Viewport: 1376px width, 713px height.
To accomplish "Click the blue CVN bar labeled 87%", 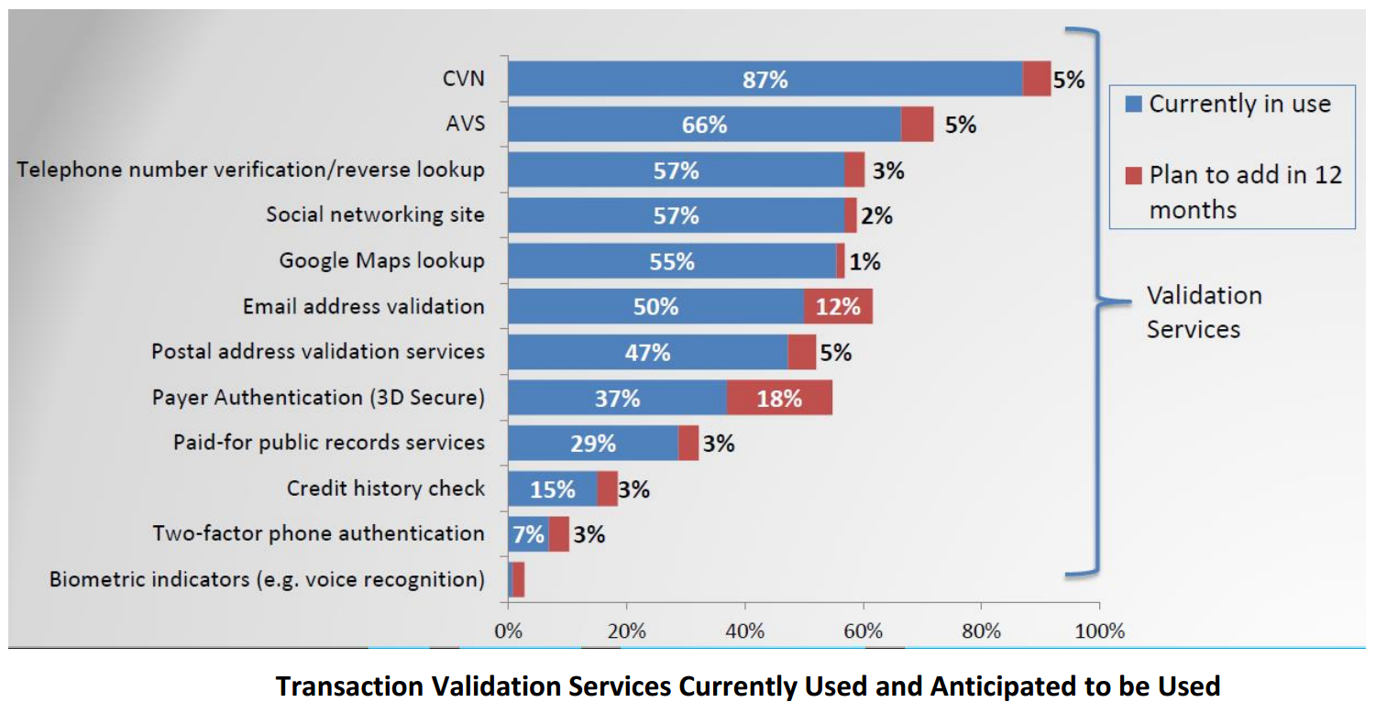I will coord(765,79).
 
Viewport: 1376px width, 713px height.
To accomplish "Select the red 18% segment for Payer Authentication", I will coord(779,398).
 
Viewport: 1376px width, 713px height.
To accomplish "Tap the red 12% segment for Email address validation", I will coord(838,307).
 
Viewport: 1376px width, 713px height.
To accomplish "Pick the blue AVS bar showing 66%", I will coord(703,125).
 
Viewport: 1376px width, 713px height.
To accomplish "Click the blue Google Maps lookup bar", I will coord(671,261).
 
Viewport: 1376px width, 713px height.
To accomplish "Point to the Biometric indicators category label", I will coord(267,579).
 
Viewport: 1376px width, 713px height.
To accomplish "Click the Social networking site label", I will coord(375,214).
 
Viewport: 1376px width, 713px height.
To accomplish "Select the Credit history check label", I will coord(385,488).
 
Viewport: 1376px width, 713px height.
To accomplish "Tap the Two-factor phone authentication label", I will coord(318,533).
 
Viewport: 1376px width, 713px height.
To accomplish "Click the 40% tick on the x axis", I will coord(744,631).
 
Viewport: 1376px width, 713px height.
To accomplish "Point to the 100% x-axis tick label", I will coord(1098,631).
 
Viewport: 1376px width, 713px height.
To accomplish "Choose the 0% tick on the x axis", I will coord(508,631).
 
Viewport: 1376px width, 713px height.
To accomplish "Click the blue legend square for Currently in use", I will coord(1133,104).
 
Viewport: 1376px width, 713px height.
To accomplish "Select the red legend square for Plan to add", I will coord(1133,174).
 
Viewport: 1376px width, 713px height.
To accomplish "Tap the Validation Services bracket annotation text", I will coord(1204,312).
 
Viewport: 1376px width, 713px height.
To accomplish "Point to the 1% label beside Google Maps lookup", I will coord(864,261).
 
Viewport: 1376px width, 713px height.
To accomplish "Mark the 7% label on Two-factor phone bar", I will coord(528,534).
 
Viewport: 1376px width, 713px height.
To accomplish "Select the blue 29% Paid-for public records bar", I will coord(592,444).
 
